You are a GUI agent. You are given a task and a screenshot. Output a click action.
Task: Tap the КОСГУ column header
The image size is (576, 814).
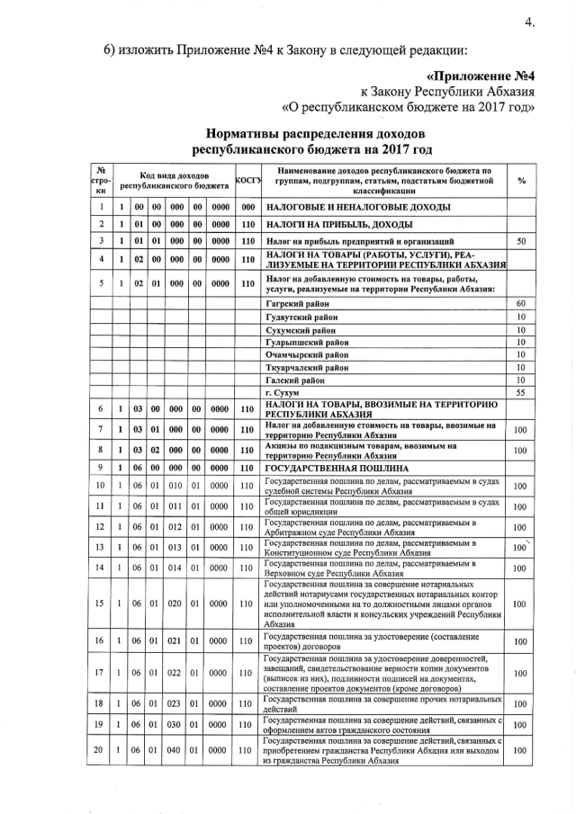point(247,181)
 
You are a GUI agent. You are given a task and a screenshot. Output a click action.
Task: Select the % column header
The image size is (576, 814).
point(521,181)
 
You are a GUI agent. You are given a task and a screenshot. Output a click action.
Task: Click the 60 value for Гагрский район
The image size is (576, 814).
point(520,304)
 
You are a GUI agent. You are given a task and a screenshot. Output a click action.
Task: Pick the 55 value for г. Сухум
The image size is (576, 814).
point(520,393)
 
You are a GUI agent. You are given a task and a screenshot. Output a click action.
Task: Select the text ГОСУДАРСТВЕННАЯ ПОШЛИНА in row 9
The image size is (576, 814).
point(338,469)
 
